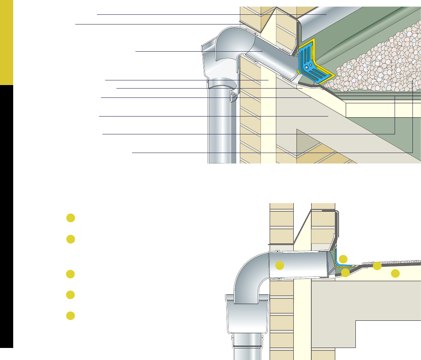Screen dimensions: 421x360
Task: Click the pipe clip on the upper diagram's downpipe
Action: click(x=233, y=97)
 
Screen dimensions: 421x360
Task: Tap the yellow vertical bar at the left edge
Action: click(x=7, y=43)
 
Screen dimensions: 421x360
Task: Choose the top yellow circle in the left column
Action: click(x=70, y=218)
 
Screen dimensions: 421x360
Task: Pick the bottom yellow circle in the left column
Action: click(x=70, y=315)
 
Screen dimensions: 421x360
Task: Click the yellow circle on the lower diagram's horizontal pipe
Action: click(x=279, y=266)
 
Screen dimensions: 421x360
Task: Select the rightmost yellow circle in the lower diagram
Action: click(x=395, y=273)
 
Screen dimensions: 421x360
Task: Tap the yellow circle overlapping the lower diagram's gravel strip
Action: click(x=377, y=266)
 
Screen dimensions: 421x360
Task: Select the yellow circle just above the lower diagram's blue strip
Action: click(x=343, y=259)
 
